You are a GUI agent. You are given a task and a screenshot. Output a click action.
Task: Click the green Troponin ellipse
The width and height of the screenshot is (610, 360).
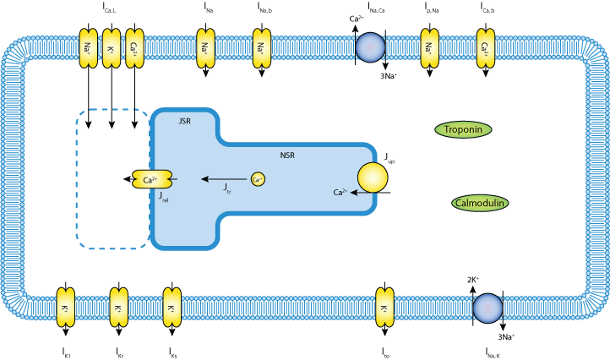(x=463, y=129)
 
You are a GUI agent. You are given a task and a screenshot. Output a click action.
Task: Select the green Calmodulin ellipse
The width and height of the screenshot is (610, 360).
(x=480, y=203)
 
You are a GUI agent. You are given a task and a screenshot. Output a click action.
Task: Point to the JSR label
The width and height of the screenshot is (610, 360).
(x=185, y=122)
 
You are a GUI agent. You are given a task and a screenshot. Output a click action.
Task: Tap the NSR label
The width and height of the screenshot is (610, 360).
(x=287, y=155)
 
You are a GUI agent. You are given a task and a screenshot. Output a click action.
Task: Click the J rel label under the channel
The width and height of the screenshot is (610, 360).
(x=163, y=196)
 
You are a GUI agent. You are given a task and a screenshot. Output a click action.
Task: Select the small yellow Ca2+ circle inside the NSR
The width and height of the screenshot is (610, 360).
(x=258, y=179)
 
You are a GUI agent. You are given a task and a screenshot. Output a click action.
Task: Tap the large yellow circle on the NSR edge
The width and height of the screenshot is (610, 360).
(x=373, y=178)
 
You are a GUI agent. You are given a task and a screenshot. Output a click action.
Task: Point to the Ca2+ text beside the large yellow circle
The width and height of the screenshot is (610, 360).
(x=340, y=193)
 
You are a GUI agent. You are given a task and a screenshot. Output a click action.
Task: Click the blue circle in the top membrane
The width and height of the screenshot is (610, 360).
(x=369, y=47)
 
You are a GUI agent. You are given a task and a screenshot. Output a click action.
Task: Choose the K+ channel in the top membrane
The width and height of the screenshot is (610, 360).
(x=111, y=47)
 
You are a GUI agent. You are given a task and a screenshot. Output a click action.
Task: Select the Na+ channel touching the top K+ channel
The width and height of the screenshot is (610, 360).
(x=89, y=47)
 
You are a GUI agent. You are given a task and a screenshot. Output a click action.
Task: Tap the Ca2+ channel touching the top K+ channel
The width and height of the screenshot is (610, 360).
(x=133, y=47)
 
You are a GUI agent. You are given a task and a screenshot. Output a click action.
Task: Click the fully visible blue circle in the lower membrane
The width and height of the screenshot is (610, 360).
(x=487, y=308)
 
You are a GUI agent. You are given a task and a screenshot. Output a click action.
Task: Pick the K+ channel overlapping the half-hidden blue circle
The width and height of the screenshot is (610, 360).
(x=384, y=308)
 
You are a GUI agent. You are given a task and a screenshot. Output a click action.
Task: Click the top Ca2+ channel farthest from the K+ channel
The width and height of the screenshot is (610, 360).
(x=485, y=47)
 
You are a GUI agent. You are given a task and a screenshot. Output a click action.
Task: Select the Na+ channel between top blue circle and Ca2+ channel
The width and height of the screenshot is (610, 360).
(x=429, y=47)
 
